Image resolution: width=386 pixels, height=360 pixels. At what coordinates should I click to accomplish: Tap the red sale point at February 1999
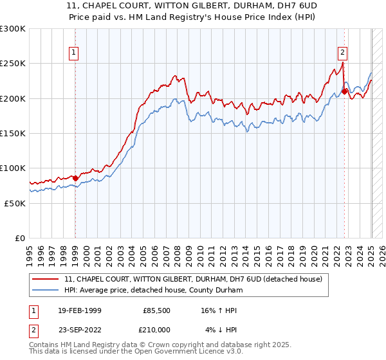point(75,178)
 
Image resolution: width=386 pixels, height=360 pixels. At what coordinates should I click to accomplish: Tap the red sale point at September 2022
point(345,91)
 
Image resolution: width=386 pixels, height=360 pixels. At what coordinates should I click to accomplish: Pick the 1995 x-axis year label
point(30,251)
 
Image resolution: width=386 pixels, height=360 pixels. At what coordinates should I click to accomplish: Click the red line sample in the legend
point(46,279)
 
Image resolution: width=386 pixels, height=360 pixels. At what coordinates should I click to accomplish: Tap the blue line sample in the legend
point(46,290)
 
